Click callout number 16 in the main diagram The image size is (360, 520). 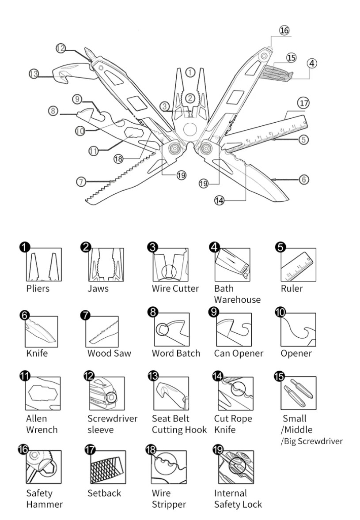point(284,30)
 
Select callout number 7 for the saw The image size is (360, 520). point(81,182)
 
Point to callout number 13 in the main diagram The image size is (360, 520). point(34,74)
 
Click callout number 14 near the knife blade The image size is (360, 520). point(220,200)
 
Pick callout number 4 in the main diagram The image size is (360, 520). point(311,63)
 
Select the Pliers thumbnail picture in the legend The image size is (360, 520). point(44,264)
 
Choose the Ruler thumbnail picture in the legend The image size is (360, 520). point(298,265)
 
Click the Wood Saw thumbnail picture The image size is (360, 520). point(102,332)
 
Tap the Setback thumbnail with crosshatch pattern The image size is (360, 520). point(108,467)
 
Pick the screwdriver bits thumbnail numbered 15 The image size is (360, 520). point(298,393)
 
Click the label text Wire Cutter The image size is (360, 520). point(175,289)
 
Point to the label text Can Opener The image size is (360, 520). point(239,354)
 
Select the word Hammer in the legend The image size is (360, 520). point(45,505)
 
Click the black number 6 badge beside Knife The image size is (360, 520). point(25,315)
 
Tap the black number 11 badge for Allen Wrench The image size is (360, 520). point(25,376)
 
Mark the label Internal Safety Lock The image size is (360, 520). point(238,499)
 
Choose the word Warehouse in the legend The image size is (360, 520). point(237,300)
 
